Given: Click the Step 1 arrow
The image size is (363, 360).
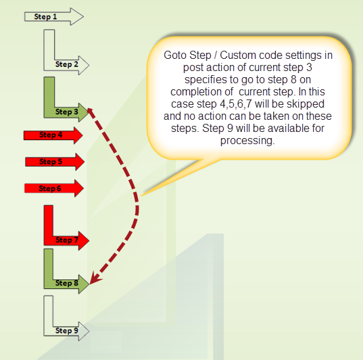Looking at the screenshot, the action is tap(53, 17).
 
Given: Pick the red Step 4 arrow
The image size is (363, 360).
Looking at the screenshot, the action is tap(53, 135).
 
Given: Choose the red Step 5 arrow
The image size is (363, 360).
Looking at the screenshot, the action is tap(55, 162).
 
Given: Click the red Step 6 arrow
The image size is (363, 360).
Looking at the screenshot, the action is tap(54, 188).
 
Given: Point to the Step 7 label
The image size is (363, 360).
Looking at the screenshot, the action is tap(67, 240).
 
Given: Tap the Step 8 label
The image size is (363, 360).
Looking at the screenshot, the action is tap(67, 283).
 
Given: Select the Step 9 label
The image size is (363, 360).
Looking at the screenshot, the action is tap(67, 330).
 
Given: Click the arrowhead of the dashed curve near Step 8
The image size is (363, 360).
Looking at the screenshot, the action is tap(95, 278).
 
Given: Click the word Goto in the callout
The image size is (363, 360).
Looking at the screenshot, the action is tap(175, 55).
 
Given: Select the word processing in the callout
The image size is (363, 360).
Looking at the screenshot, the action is tap(247, 141).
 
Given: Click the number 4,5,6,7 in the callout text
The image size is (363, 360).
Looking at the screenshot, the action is tap(236, 104).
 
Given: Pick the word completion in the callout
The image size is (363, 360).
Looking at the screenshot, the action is tap(201, 92).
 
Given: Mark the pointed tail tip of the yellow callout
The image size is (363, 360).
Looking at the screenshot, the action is tap(141, 196).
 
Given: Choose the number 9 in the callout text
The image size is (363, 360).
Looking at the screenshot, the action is tap(230, 129).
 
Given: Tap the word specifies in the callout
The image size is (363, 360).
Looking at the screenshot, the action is tap(205, 80).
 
